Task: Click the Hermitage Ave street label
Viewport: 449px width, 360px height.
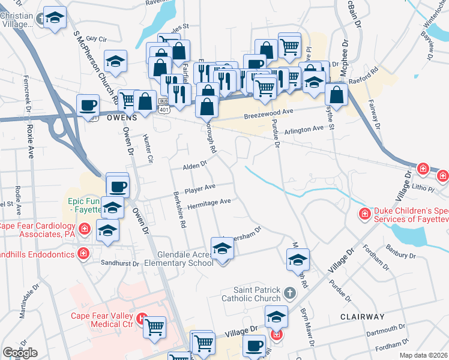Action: pos(209,203)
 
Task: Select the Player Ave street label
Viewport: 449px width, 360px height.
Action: pos(200,188)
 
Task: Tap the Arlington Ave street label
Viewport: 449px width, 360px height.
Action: pos(304,129)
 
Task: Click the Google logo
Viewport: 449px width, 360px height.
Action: pos(20,353)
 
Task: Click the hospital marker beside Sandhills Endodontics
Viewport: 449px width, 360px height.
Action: pos(85,254)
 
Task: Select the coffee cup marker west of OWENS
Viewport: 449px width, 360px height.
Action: pos(88,104)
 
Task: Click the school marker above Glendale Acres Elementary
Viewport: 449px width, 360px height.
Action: pos(221,248)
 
